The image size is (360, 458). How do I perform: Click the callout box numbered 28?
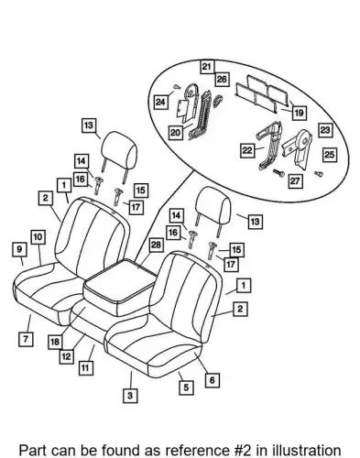coord(156,245)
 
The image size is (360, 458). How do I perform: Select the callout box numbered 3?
coord(130,396)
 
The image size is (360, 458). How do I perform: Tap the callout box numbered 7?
coord(26,339)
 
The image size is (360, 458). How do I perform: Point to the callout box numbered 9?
coord(19,249)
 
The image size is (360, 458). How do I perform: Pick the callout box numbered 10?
coord(38,237)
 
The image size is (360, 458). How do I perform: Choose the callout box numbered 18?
coord(55,342)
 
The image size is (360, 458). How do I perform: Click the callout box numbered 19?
coord(300,113)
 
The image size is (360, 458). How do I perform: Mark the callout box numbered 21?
coord(207,67)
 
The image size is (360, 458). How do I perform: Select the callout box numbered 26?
coord(222,80)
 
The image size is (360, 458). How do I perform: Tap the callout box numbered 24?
coord(160,102)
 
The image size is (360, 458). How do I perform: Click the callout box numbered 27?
coord(295,181)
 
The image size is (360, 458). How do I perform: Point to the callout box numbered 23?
coord(325,130)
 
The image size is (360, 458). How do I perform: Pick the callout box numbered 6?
coord(213,380)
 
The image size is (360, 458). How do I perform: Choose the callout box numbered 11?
coord(86,367)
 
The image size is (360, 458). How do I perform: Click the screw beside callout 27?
coord(279,173)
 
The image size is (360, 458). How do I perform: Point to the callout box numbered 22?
coord(247,150)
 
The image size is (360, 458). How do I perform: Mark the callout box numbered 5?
coord(186,387)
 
